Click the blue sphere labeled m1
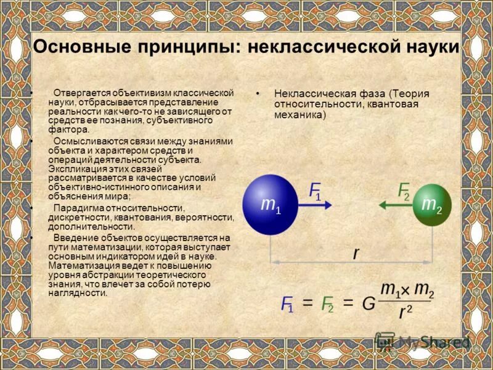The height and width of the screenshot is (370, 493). coord(271,204)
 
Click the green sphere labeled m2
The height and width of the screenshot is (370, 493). coord(432,205)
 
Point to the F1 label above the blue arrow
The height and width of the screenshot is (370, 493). coord(315,191)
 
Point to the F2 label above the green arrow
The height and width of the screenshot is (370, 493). coord(404,191)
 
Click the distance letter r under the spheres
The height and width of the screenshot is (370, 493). coord(356,252)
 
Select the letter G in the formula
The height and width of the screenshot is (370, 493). coord(369,304)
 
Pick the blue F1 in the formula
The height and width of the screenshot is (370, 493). coord(287,304)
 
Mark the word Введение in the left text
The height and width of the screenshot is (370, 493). coord(74,237)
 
